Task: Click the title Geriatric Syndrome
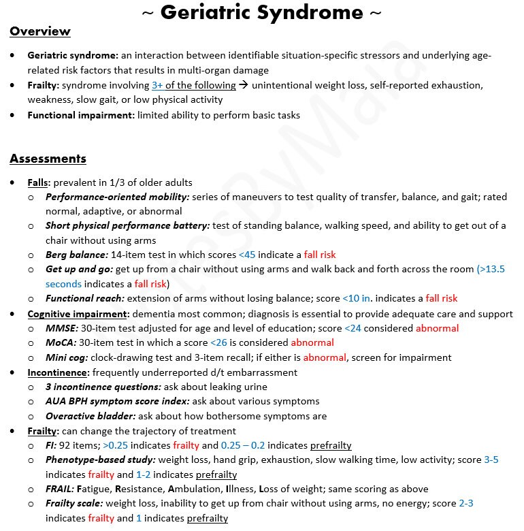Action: click(261, 12)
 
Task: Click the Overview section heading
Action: click(39, 31)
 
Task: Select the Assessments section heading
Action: click(48, 159)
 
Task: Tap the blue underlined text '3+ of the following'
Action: click(194, 85)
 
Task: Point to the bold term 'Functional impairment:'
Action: click(81, 115)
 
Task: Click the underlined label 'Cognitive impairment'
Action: click(77, 314)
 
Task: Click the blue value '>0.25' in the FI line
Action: click(116, 445)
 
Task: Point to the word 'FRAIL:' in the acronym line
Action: click(60, 489)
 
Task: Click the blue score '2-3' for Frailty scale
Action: click(465, 504)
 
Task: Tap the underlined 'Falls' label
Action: click(39, 182)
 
